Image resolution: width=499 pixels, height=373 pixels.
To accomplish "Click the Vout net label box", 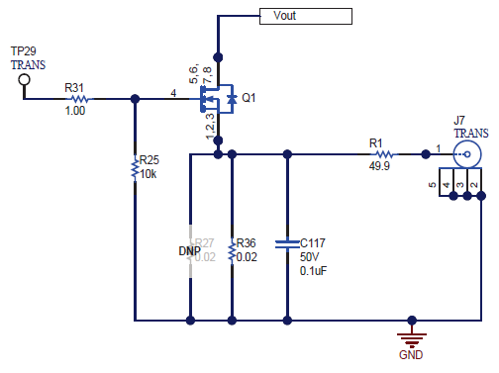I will click(305, 16).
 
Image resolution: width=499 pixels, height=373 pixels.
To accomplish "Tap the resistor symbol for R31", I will click(76, 99).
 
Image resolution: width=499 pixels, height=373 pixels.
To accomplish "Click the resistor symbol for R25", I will click(134, 169).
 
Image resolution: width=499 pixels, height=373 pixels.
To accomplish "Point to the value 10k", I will click(150, 173).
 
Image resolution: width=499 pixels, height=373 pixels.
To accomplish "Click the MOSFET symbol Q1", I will click(217, 99).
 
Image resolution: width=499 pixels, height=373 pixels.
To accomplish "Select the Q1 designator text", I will click(249, 99).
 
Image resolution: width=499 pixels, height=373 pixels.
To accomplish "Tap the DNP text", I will click(190, 251).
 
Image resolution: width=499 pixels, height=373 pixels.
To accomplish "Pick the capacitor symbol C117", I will click(287, 241).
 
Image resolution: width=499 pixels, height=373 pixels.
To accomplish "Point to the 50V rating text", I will click(310, 257).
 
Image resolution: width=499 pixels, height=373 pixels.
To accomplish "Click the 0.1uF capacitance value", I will click(314, 271).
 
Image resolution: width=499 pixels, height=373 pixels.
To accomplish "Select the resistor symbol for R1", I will click(382, 153).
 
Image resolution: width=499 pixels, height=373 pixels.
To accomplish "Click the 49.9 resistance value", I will click(379, 167).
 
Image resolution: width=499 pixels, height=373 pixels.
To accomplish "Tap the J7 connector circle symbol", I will click(466, 154).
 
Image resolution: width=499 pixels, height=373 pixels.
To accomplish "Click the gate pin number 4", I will click(174, 94).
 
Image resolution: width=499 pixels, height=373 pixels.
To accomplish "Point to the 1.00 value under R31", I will click(75, 112).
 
